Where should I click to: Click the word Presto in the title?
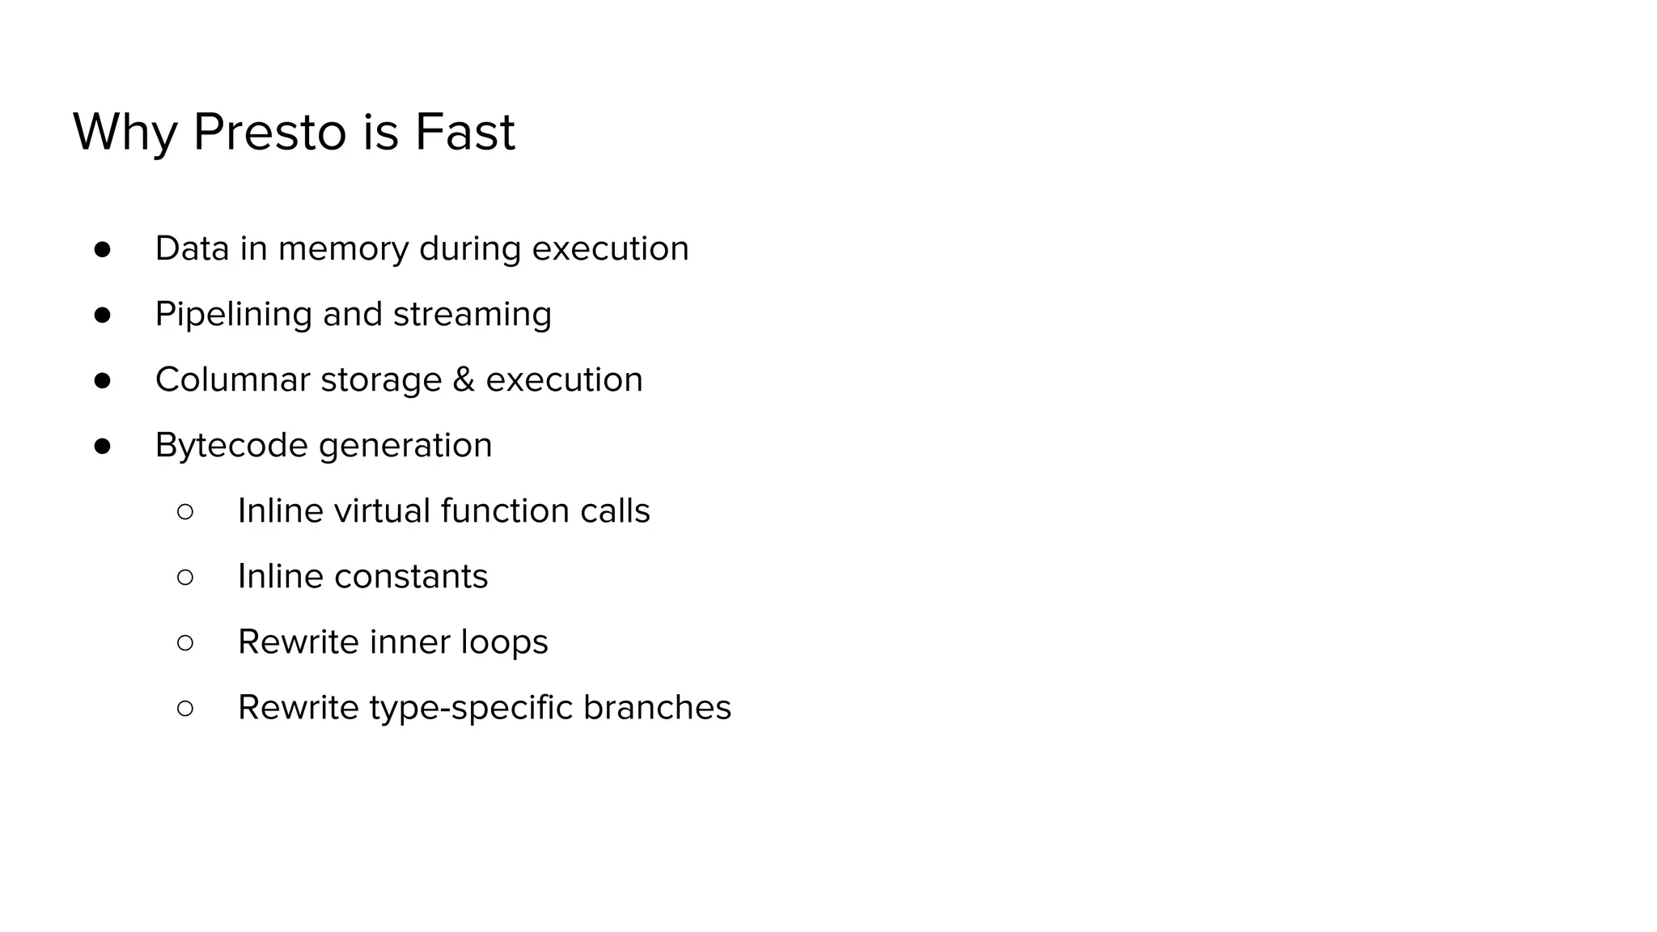269,132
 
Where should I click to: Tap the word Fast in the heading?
464,132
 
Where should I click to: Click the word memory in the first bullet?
343,248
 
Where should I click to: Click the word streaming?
472,314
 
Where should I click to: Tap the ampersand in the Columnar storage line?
464,379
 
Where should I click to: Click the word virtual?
381,510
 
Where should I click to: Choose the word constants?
411,576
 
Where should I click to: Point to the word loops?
504,642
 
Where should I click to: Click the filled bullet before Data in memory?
102,249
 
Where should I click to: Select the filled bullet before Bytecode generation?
102,446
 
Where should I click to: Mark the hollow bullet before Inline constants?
184,577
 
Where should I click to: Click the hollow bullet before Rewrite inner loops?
184,642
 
